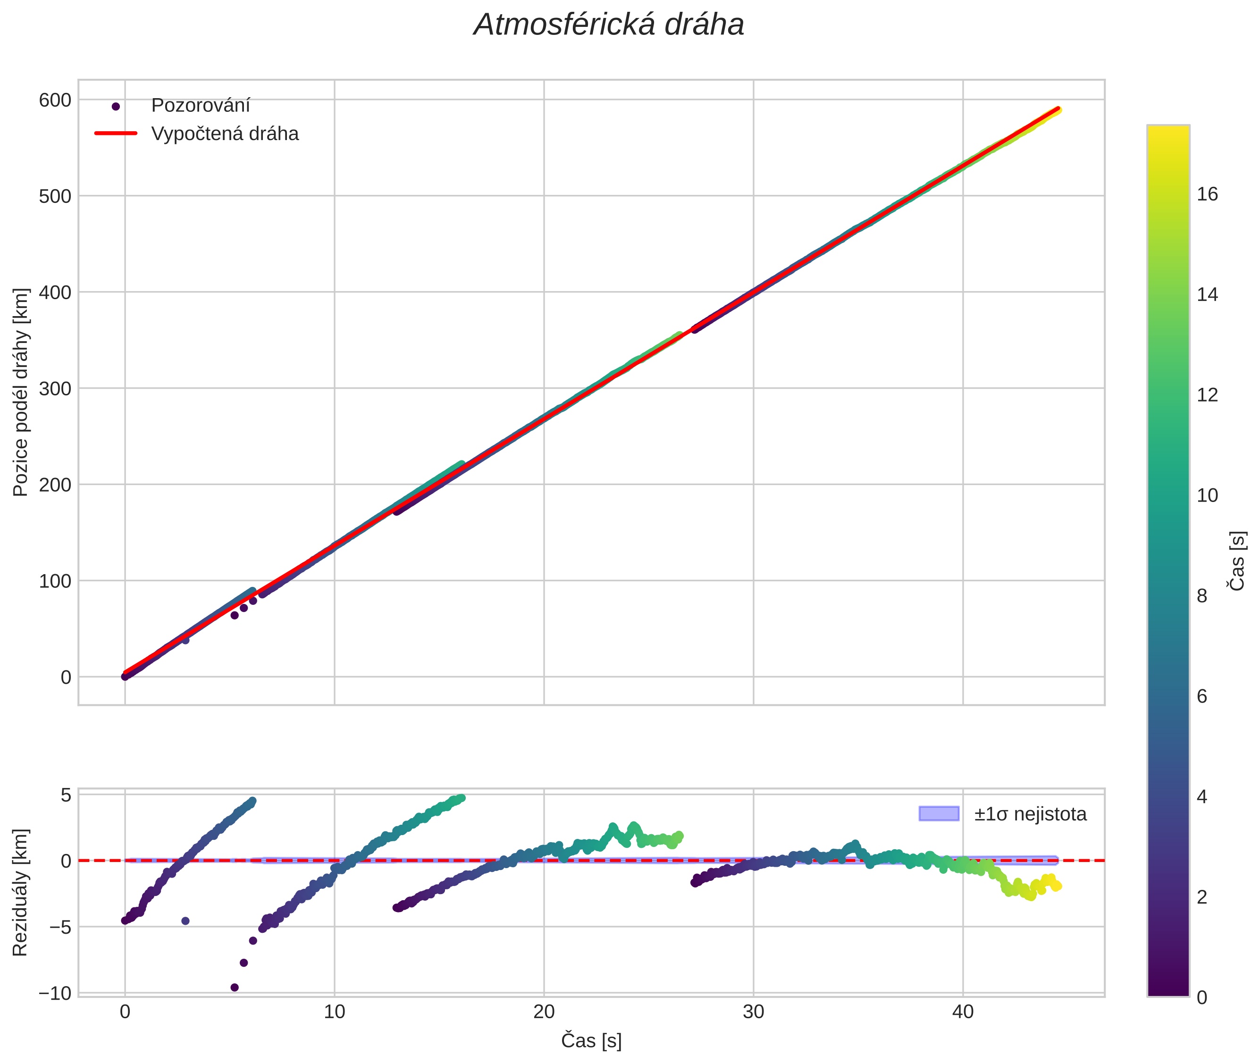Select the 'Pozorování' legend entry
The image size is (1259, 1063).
[200, 106]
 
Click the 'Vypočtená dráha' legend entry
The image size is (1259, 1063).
[224, 134]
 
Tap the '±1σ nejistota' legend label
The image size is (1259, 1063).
[1029, 814]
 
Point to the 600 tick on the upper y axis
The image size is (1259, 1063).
[55, 100]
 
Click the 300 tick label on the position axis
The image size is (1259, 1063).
[55, 389]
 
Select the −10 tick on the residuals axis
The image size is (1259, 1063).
[55, 993]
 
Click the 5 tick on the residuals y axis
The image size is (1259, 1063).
[66, 795]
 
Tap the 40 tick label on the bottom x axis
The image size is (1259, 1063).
[963, 1012]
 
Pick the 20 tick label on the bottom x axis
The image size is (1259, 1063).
[544, 1012]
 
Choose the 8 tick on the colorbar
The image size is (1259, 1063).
[1202, 596]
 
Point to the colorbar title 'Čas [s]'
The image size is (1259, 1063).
[1237, 561]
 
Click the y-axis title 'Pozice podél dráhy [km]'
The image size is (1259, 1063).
[21, 392]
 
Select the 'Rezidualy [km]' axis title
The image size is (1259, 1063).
[21, 893]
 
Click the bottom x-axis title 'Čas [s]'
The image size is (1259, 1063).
[591, 1041]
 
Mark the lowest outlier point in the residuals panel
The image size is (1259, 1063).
[235, 987]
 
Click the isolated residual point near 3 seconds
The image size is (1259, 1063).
[185, 921]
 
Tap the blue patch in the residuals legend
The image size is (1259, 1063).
[939, 813]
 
